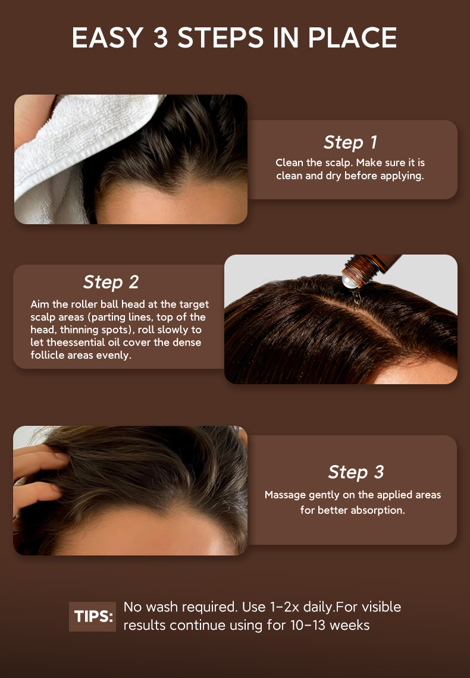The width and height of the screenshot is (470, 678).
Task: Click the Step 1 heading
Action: (x=350, y=143)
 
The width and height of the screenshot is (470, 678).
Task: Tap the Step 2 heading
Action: (x=111, y=282)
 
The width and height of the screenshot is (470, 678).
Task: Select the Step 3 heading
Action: (x=356, y=472)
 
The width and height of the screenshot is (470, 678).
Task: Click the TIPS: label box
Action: (x=92, y=616)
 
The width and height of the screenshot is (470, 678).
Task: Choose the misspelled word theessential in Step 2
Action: (x=83, y=343)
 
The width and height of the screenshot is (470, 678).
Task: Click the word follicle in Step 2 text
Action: (x=48, y=356)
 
